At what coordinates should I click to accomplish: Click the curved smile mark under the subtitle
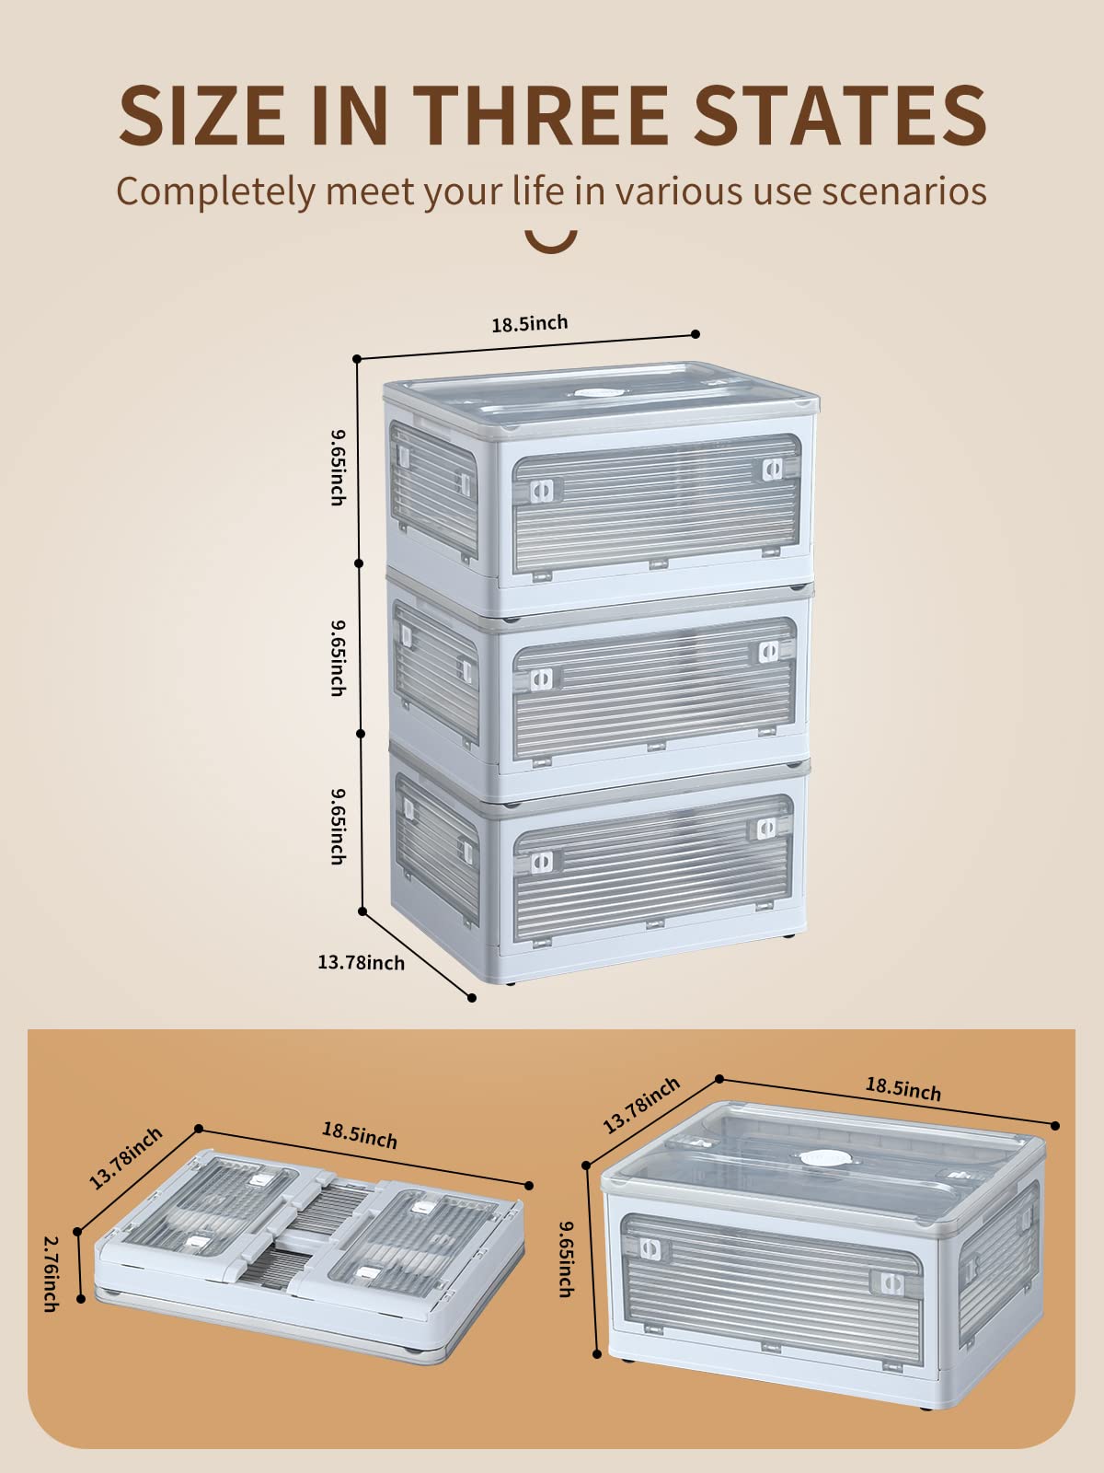pos(551,242)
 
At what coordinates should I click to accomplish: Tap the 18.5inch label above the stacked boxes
pos(530,323)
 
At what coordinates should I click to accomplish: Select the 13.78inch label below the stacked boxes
pos(362,963)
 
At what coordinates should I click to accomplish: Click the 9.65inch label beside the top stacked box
pos(339,467)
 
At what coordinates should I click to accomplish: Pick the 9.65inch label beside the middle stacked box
pos(339,657)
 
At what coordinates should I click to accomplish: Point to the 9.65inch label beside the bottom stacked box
pos(339,826)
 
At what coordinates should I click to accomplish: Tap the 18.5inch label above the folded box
pos(360,1135)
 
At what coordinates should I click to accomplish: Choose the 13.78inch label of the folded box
pos(126,1158)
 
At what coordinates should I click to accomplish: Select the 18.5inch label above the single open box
pos(903,1089)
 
